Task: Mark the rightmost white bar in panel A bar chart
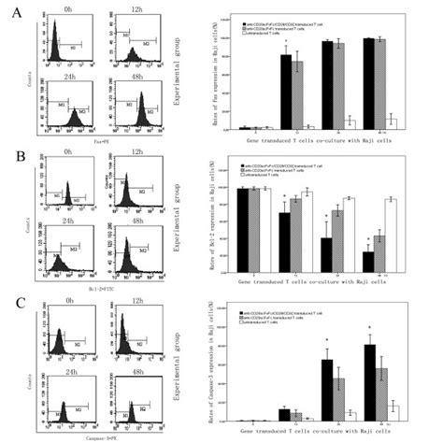point(393,123)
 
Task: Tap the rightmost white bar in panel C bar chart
point(393,416)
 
